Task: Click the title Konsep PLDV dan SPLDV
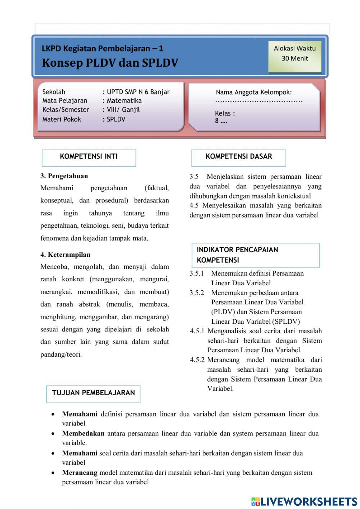point(110,63)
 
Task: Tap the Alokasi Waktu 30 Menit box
point(294,57)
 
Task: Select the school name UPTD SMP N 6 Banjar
point(138,92)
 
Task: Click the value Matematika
point(124,101)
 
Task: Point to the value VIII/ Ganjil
point(123,110)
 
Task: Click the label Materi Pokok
point(62,119)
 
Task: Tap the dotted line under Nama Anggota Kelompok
point(259,102)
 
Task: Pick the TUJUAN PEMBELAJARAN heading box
point(93,393)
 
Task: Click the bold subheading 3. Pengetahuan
point(64,176)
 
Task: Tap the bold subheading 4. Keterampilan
point(65,255)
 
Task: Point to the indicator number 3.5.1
point(197,273)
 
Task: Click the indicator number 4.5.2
point(197,360)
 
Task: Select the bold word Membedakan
point(83,434)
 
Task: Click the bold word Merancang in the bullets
point(80,473)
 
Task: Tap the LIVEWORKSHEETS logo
point(304,501)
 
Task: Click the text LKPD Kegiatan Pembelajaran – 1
point(102,48)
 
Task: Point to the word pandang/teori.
point(61,354)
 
